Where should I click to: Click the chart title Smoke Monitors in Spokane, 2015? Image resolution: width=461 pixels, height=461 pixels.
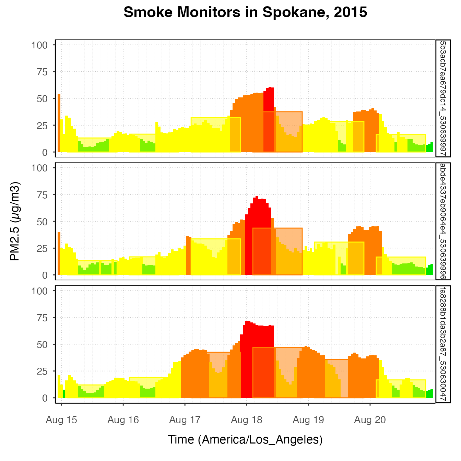tap(245, 13)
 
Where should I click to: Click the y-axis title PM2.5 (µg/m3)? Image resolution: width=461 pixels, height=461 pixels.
tap(15, 221)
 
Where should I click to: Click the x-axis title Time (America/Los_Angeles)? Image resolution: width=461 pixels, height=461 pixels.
tap(245, 439)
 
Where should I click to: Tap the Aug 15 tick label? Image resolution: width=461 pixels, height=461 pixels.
tap(61, 420)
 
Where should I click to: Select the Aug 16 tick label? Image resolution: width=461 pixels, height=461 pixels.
tap(123, 420)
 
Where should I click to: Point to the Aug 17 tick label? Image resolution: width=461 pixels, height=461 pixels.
tap(185, 420)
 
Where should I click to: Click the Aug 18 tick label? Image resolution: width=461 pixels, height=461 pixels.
tap(247, 420)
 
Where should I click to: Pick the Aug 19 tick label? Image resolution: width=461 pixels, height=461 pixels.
tap(308, 420)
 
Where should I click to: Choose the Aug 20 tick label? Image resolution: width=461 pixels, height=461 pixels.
tap(370, 420)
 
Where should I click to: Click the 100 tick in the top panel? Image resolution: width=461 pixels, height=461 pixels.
tap(39, 45)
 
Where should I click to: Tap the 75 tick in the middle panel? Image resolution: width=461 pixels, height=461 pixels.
tap(41, 195)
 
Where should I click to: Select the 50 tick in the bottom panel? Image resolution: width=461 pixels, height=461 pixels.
tap(41, 344)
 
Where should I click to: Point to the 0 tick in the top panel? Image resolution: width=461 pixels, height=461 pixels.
tap(45, 152)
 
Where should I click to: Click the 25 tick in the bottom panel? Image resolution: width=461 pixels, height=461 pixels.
tap(41, 371)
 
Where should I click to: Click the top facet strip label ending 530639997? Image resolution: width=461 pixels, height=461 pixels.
tap(443, 98)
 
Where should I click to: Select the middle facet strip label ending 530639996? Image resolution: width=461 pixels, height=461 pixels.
tap(443, 221)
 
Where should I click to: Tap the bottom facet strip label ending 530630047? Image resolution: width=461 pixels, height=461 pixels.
tap(443, 344)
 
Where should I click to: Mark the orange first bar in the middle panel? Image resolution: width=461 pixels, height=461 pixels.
tap(59, 254)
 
